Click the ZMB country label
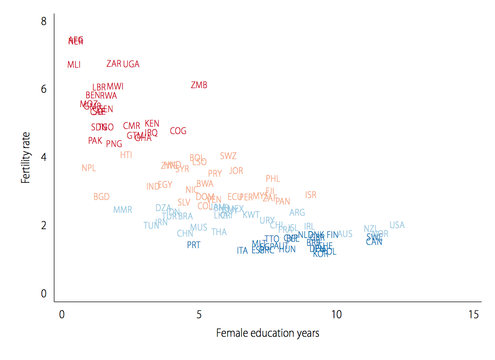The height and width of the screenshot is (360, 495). pyautogui.click(x=199, y=85)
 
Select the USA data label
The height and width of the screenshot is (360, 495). pyautogui.click(x=397, y=225)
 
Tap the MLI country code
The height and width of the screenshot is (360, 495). pyautogui.click(x=74, y=65)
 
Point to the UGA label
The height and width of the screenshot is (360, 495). pyautogui.click(x=131, y=64)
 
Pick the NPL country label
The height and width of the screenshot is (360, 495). pyautogui.click(x=89, y=168)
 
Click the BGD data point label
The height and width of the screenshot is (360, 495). pyautogui.click(x=102, y=197)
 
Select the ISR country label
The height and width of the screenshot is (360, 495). pyautogui.click(x=311, y=195)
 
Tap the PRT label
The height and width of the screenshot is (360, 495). pyautogui.click(x=193, y=245)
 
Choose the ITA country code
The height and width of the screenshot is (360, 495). pyautogui.click(x=242, y=251)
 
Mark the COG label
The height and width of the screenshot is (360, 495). pyautogui.click(x=178, y=131)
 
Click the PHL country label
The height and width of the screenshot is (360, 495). pyautogui.click(x=273, y=179)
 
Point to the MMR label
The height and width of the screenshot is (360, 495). pyautogui.click(x=122, y=210)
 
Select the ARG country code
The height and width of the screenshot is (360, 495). pyautogui.click(x=297, y=213)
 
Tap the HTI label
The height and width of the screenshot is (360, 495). pyautogui.click(x=126, y=155)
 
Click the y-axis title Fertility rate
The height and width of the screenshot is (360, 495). pyautogui.click(x=26, y=157)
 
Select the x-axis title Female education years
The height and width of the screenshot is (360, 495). pyautogui.click(x=268, y=333)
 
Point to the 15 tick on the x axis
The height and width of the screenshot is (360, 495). pyautogui.click(x=473, y=315)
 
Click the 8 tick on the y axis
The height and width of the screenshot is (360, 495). pyautogui.click(x=44, y=21)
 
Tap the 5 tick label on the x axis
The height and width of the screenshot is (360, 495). pyautogui.click(x=199, y=315)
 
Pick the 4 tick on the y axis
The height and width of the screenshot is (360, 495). pyautogui.click(x=44, y=157)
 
